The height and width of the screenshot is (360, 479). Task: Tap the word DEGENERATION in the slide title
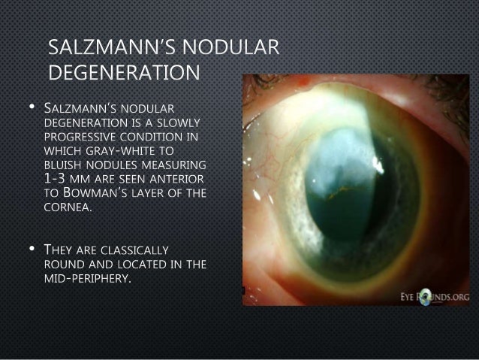(x=124, y=74)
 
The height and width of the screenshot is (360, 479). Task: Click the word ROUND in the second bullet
(x=67, y=263)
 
